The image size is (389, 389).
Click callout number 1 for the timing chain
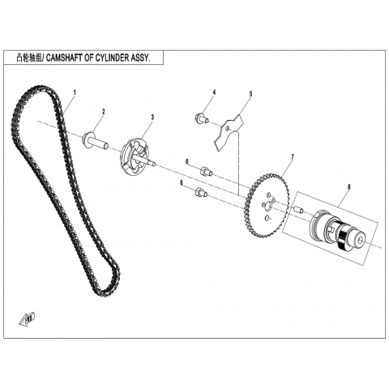point(75,92)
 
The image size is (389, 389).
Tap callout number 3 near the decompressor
point(152,117)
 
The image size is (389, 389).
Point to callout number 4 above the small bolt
point(214,92)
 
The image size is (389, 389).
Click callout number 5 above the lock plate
point(250,94)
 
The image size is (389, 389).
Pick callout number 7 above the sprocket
point(293,156)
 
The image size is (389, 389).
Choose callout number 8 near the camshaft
point(348,186)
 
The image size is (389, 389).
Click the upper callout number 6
point(187,161)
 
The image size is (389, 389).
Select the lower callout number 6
point(182,183)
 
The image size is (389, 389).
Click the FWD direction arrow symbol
point(28,319)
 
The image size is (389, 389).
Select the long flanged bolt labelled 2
point(95,139)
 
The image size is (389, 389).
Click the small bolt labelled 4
point(201,118)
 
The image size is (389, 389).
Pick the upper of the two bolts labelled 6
point(207,172)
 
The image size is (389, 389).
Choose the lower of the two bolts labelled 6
point(201,192)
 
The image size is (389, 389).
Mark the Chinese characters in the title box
point(29,58)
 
